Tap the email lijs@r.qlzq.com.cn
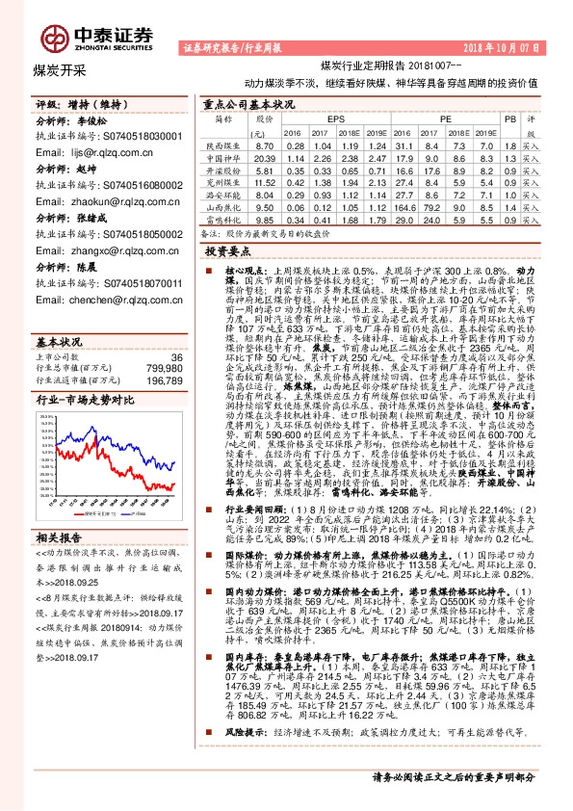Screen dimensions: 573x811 pyautogui.click(x=89, y=152)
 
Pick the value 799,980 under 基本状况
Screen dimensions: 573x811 pyautogui.click(x=161, y=341)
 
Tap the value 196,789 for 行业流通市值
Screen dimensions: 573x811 pyautogui.click(x=161, y=353)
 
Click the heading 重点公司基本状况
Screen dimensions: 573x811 pyautogui.click(x=247, y=103)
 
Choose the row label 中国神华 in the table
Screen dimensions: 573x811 pyautogui.click(x=222, y=157)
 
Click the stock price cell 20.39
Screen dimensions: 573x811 pyautogui.click(x=265, y=157)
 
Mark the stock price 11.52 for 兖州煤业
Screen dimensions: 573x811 pyautogui.click(x=265, y=182)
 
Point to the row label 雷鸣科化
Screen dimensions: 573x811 pyautogui.click(x=222, y=219)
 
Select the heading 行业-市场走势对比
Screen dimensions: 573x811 pyautogui.click(x=83, y=372)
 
